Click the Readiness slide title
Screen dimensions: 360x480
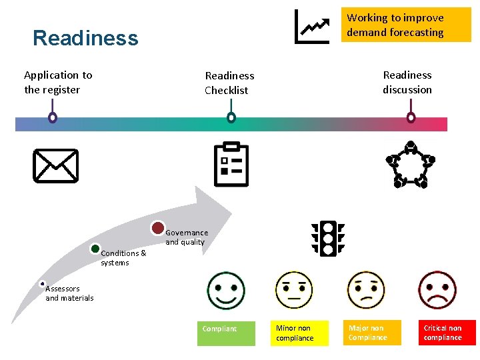[85, 38]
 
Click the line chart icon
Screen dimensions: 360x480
[312, 27]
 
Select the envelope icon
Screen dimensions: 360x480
[55, 165]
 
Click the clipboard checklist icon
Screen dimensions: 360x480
[231, 164]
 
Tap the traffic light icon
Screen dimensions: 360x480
[328, 237]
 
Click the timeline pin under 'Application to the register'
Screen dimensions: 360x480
[53, 117]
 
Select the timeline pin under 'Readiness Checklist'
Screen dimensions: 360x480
[231, 117]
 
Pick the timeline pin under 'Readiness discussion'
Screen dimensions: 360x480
[411, 117]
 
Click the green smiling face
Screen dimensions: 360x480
[226, 290]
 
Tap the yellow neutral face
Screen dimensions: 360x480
[294, 290]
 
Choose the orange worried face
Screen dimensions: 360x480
[366, 290]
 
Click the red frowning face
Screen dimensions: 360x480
[437, 290]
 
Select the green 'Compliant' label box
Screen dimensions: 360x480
[226, 333]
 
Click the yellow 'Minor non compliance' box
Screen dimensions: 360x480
[301, 333]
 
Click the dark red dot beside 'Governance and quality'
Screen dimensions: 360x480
[158, 228]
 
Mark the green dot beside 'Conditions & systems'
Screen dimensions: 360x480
[95, 249]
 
